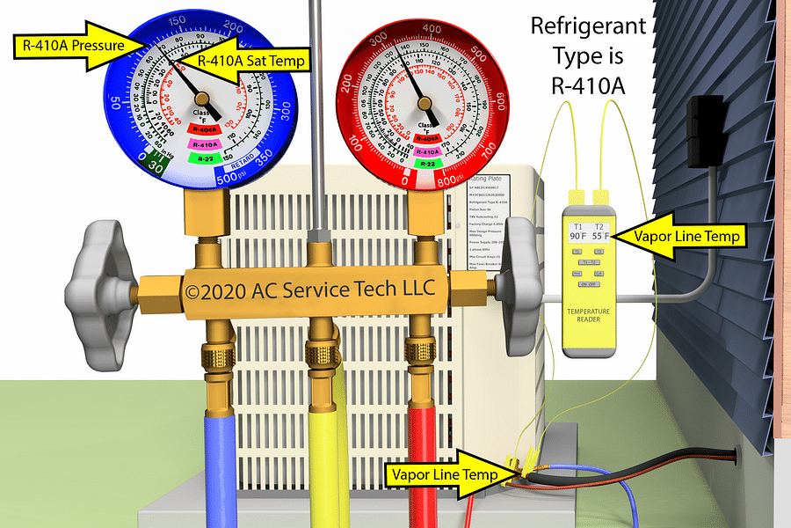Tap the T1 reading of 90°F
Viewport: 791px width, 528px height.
click(x=577, y=236)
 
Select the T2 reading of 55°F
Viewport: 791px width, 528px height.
click(x=601, y=236)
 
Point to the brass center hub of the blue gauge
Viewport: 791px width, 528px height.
click(x=202, y=98)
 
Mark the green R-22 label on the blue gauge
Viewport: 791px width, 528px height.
click(x=204, y=158)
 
